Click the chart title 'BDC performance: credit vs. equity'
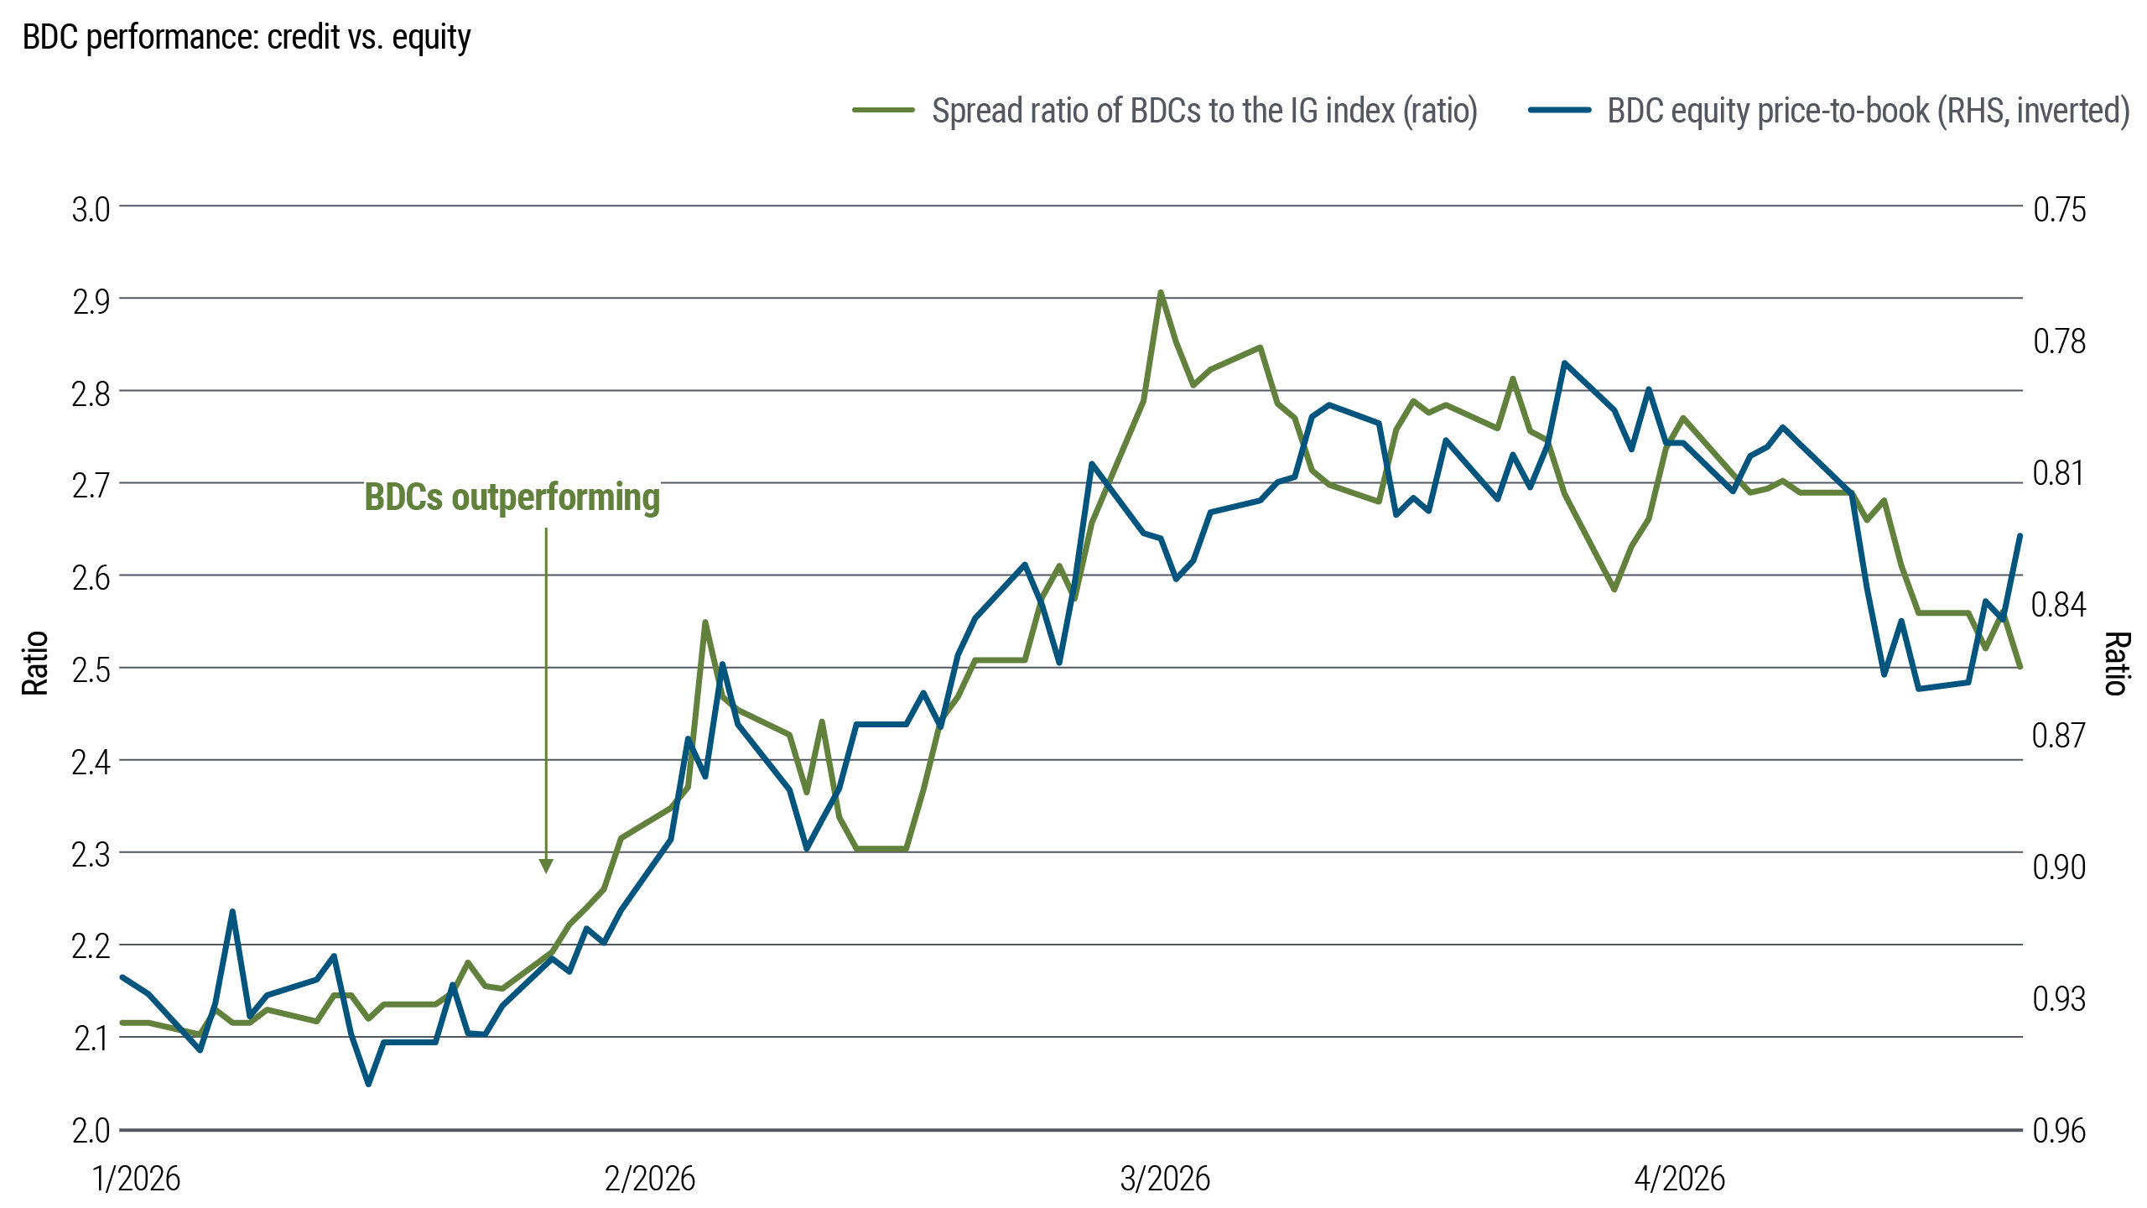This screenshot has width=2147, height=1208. click(x=247, y=38)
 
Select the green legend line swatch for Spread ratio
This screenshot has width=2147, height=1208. click(x=883, y=110)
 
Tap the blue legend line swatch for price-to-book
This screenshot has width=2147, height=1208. click(x=1559, y=110)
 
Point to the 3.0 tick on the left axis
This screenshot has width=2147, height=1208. click(x=91, y=210)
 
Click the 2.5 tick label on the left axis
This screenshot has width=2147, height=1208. click(x=91, y=671)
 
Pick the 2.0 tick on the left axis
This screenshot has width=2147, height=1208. click(x=91, y=1131)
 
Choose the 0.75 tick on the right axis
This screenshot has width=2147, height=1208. click(x=2059, y=210)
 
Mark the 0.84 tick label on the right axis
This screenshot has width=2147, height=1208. click(x=2059, y=604)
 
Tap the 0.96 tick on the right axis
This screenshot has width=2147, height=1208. click(x=2059, y=1131)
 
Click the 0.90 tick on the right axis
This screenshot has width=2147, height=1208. click(x=2059, y=867)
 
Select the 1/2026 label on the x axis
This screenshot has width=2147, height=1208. click(x=136, y=1179)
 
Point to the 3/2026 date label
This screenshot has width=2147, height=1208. click(x=1165, y=1179)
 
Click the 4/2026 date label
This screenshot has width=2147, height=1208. click(x=1680, y=1179)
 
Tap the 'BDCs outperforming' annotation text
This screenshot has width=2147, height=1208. click(x=512, y=497)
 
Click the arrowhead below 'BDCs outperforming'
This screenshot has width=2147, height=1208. click(x=546, y=866)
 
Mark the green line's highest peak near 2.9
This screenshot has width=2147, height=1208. click(x=1160, y=293)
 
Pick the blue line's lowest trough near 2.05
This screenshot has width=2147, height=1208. click(x=368, y=1083)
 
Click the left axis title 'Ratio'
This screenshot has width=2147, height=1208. click(x=35, y=663)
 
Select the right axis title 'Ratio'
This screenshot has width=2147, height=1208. click(x=2117, y=663)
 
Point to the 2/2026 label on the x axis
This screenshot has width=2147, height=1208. click(x=650, y=1179)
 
